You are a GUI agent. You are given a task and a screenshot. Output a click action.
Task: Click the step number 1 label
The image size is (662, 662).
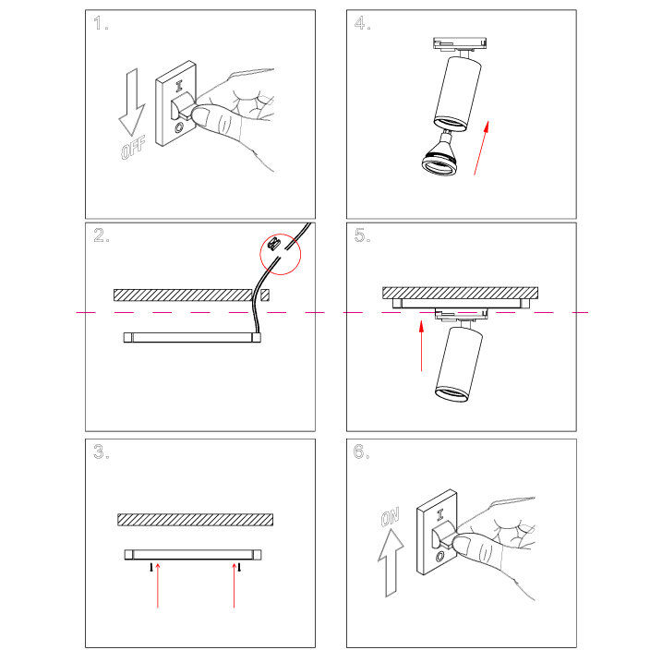pos(101,23)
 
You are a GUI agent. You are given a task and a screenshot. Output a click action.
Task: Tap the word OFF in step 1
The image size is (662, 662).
pos(133,148)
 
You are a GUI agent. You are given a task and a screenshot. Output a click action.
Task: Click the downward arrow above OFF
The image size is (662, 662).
pos(132,102)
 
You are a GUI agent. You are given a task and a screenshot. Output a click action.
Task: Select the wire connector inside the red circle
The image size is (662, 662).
pos(274,243)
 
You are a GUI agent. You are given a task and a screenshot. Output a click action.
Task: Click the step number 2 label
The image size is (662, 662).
pos(102,235)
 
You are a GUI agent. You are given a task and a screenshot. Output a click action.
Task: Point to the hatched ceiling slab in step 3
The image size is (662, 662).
pos(195,520)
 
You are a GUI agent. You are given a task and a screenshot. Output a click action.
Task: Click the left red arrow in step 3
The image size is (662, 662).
pos(158,585)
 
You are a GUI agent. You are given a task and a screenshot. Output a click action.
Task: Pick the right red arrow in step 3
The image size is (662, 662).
pos(234,585)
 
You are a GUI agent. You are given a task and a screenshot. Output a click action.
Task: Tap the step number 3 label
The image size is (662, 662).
pos(102,451)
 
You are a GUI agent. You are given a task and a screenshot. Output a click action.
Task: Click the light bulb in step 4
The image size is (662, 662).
pos(439,155)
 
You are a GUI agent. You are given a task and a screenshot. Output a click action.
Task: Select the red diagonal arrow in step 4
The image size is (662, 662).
pos(481,148)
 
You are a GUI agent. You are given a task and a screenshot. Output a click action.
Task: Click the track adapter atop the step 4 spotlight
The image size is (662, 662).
pos(460,44)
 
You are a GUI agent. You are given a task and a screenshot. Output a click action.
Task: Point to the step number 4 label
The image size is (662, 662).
pos(362,23)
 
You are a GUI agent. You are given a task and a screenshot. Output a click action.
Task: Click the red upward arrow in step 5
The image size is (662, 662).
pos(421,346)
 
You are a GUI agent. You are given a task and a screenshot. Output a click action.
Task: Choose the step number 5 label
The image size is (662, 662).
pos(362,235)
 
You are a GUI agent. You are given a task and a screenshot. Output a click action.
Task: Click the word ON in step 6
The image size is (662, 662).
pos(391,517)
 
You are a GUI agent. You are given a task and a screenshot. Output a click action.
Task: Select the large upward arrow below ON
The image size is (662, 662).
pos(391,562)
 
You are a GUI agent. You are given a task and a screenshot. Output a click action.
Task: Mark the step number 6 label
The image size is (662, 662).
pos(361,451)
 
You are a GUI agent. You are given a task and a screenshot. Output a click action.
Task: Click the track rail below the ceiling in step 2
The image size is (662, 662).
pos(192,337)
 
